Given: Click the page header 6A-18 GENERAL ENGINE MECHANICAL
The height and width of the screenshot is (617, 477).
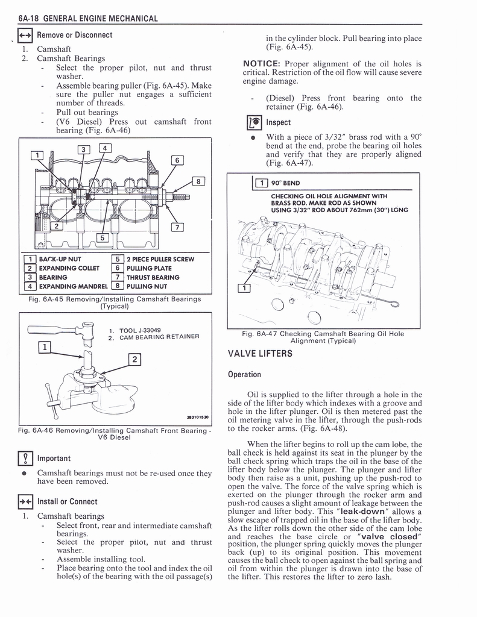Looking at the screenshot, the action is point(88,19).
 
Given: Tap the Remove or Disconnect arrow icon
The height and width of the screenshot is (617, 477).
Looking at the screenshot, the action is point(25,36).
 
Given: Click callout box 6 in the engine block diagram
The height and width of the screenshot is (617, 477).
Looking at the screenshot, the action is point(177,160).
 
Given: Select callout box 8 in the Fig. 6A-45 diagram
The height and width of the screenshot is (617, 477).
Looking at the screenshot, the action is point(198,181).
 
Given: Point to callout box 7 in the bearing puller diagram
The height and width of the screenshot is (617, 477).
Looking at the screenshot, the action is point(177,227).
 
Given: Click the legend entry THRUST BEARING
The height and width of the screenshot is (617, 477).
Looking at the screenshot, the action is point(153,277).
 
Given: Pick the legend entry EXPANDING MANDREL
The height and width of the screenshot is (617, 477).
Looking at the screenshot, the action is point(73,286).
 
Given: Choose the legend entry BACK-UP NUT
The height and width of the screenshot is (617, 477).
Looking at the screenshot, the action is point(60,259).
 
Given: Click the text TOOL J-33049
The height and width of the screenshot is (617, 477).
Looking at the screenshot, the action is point(140,331).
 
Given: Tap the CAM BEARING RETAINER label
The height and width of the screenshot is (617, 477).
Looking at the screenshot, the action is point(160,337).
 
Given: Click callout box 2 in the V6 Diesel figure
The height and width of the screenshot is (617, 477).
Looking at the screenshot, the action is point(134,359).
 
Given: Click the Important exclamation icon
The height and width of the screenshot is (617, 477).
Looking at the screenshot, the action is point(25,459).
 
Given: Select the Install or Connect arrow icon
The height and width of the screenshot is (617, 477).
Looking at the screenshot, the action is point(25,502).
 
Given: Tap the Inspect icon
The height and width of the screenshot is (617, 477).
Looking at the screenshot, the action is point(254,123).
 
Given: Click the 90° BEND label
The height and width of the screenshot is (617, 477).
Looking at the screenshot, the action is point(286,183).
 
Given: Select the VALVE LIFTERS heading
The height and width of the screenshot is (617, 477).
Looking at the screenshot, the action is point(260,353).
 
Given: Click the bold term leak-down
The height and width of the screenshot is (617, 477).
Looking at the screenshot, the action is point(362,512).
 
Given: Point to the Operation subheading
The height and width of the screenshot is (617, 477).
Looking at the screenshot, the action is point(244,375).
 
